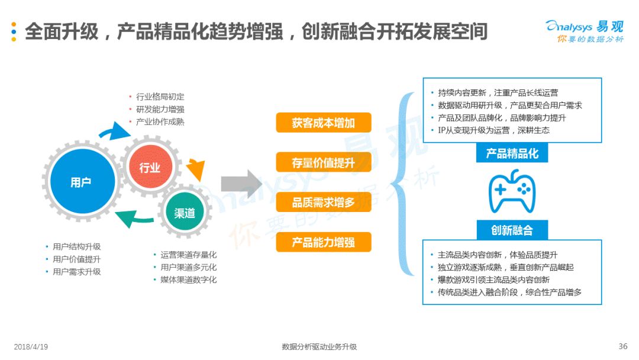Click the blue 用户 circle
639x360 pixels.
pyautogui.click(x=83, y=181)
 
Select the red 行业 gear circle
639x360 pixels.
pyautogui.click(x=150, y=166)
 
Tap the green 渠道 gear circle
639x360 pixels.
pyautogui.click(x=185, y=212)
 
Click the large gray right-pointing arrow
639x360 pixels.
pyautogui.click(x=241, y=184)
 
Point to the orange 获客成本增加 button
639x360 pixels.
pyautogui.click(x=324, y=123)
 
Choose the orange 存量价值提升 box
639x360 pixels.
pyautogui.click(x=324, y=163)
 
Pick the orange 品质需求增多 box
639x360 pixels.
pyautogui.click(x=324, y=202)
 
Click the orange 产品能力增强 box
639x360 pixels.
pyautogui.click(x=324, y=242)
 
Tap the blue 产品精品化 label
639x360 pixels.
pyautogui.click(x=512, y=153)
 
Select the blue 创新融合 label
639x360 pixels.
pyautogui.click(x=512, y=230)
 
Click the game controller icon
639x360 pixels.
pyautogui.click(x=512, y=191)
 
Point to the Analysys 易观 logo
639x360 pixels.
pyautogui.click(x=585, y=31)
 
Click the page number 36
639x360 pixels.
pyautogui.click(x=622, y=346)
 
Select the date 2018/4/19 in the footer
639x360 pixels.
pyautogui.click(x=31, y=347)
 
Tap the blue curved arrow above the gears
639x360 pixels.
pyautogui.click(x=114, y=131)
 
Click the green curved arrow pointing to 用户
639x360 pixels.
pyautogui.click(x=134, y=218)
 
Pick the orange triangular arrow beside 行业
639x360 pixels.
pyautogui.click(x=196, y=169)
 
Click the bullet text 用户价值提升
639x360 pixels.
pyautogui.click(x=76, y=259)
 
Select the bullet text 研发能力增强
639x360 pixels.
pyautogui.click(x=160, y=110)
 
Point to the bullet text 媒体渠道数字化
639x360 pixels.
pyautogui.click(x=189, y=279)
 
